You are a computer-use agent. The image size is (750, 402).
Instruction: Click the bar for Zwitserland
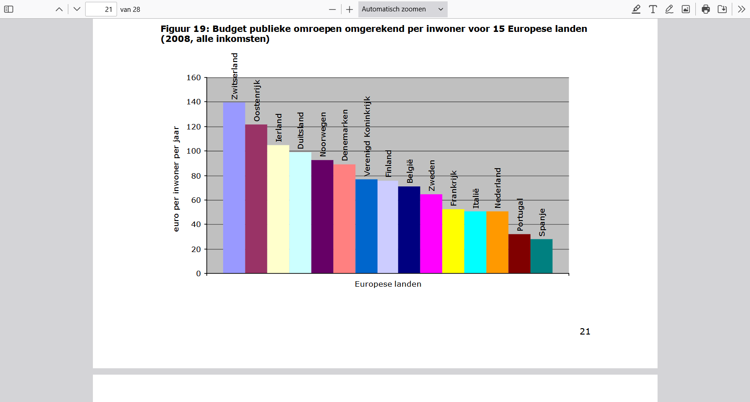point(234,188)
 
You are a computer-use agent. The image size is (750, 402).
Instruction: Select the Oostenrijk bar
point(256,199)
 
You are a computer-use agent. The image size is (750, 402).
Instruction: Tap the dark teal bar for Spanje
point(541,256)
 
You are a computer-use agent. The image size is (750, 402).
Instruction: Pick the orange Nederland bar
point(497,242)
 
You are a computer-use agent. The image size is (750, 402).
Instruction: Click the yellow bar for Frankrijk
point(453,241)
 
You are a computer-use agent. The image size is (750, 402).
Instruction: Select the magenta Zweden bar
point(431,234)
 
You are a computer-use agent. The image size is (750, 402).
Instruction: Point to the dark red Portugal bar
point(519,253)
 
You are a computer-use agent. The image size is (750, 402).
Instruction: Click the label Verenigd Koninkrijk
point(367,136)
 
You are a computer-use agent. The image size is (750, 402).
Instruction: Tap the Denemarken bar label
point(345,135)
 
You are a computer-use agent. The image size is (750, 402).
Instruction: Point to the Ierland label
point(279,128)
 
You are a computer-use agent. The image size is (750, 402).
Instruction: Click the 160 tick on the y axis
point(194,77)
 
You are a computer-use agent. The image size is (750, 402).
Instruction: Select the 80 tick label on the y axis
point(196,176)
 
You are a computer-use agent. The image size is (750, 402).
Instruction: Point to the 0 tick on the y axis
point(199,273)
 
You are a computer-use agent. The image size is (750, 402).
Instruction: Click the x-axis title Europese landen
point(388,284)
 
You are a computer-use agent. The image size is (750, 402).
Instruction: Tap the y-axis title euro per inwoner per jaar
point(176,179)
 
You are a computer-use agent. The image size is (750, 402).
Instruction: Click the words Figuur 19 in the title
point(184,29)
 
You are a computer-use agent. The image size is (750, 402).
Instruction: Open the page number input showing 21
point(101,9)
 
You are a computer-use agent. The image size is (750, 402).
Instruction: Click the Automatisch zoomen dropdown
point(403,9)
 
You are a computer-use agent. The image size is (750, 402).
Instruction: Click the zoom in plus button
point(349,9)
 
